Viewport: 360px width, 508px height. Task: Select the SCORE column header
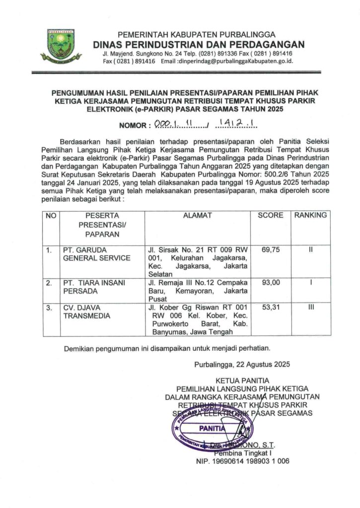tap(271, 216)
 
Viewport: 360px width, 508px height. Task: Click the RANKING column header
tap(310, 216)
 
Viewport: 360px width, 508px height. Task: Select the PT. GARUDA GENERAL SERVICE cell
tap(96, 254)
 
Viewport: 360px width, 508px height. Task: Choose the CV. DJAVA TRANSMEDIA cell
tap(89, 312)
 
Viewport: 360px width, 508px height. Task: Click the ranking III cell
tap(311, 308)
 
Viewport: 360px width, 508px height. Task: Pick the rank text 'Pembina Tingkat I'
tap(243, 453)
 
